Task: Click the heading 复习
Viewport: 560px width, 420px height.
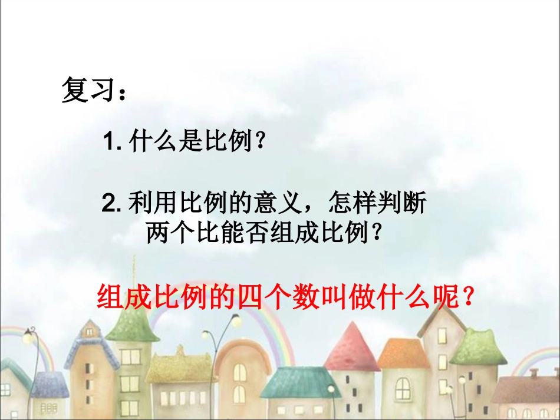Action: point(87,91)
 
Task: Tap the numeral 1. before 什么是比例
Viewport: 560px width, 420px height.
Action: point(111,142)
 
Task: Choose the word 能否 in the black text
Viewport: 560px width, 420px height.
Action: point(248,235)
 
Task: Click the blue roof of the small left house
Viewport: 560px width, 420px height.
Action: point(50,386)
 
